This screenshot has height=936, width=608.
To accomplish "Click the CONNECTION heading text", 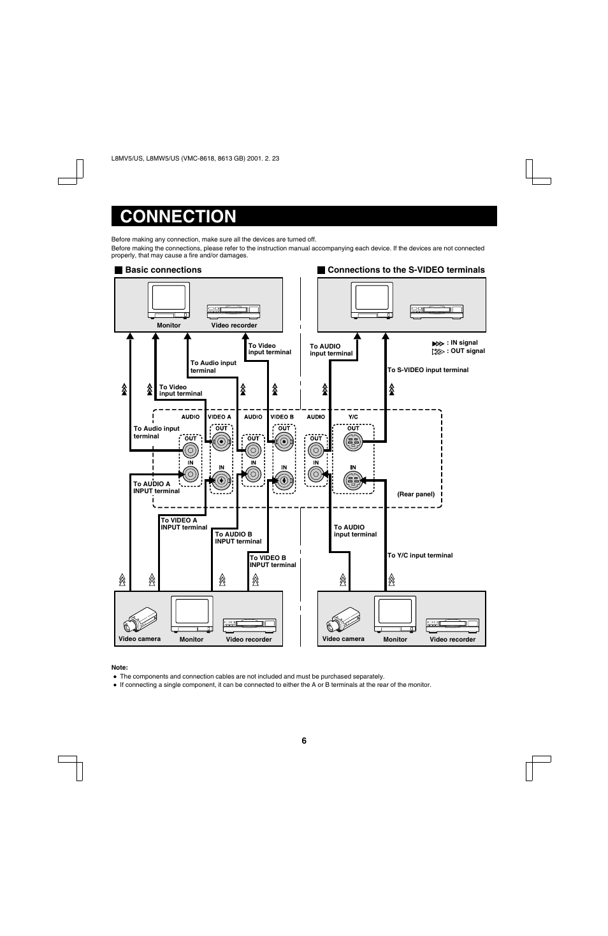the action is pyautogui.click(x=178, y=217).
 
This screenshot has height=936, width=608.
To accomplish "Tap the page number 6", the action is pyautogui.click(x=304, y=740).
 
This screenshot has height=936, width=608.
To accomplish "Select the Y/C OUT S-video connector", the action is pyautogui.click(x=353, y=442).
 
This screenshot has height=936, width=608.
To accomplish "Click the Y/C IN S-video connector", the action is pyautogui.click(x=353, y=480).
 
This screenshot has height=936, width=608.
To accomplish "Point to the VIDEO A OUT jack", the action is pyautogui.click(x=222, y=442).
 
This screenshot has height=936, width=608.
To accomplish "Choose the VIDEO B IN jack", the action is pyautogui.click(x=284, y=480).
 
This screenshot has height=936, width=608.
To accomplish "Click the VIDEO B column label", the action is pyautogui.click(x=282, y=417).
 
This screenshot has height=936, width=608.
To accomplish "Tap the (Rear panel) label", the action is pyautogui.click(x=416, y=494).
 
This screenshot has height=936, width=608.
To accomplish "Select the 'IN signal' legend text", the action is pyautogui.click(x=464, y=342).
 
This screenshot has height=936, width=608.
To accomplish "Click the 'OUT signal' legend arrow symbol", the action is pyautogui.click(x=438, y=352).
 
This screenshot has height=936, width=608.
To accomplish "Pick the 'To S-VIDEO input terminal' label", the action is pyautogui.click(x=428, y=370).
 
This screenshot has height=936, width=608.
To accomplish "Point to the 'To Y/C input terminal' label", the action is pyautogui.click(x=420, y=556).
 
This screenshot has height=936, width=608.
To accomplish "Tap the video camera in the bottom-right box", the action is pyautogui.click(x=344, y=619).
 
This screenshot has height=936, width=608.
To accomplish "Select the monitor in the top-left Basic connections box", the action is pyautogui.click(x=169, y=301).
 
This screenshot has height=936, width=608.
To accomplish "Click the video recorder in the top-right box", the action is pyautogui.click(x=437, y=312).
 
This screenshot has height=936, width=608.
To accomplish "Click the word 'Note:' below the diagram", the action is pyautogui.click(x=120, y=667).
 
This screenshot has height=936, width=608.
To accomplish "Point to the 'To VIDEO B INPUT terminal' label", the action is pyautogui.click(x=273, y=561).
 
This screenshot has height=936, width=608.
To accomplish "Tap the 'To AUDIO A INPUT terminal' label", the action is pyautogui.click(x=156, y=487).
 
